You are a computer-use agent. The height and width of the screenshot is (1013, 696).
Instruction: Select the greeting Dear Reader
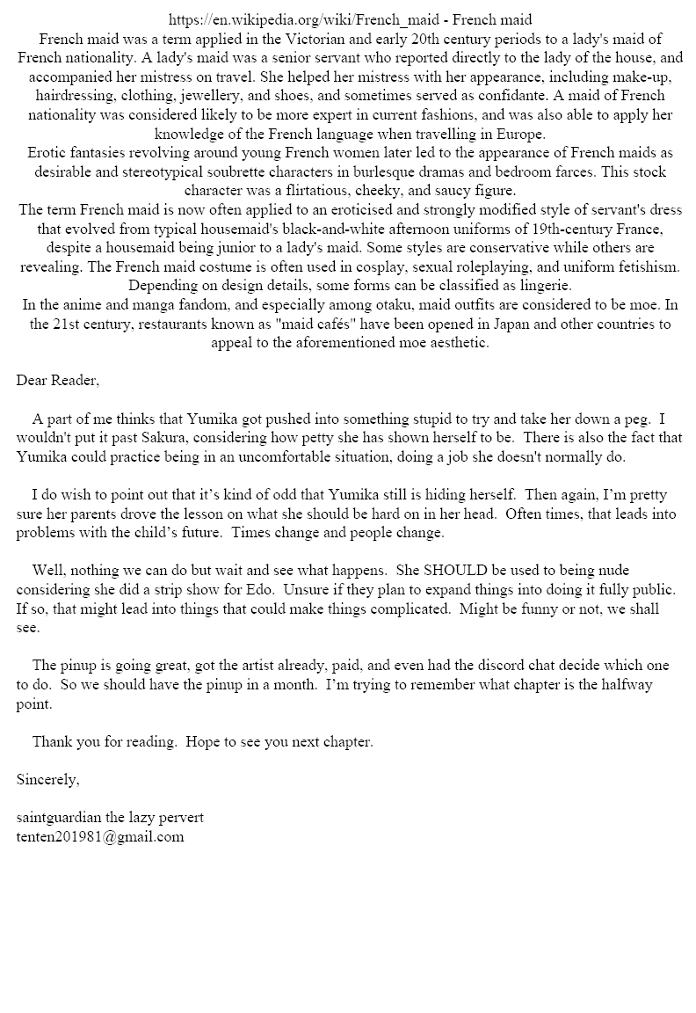pyautogui.click(x=58, y=381)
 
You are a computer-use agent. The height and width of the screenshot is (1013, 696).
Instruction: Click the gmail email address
pyautogui.click(x=100, y=837)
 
